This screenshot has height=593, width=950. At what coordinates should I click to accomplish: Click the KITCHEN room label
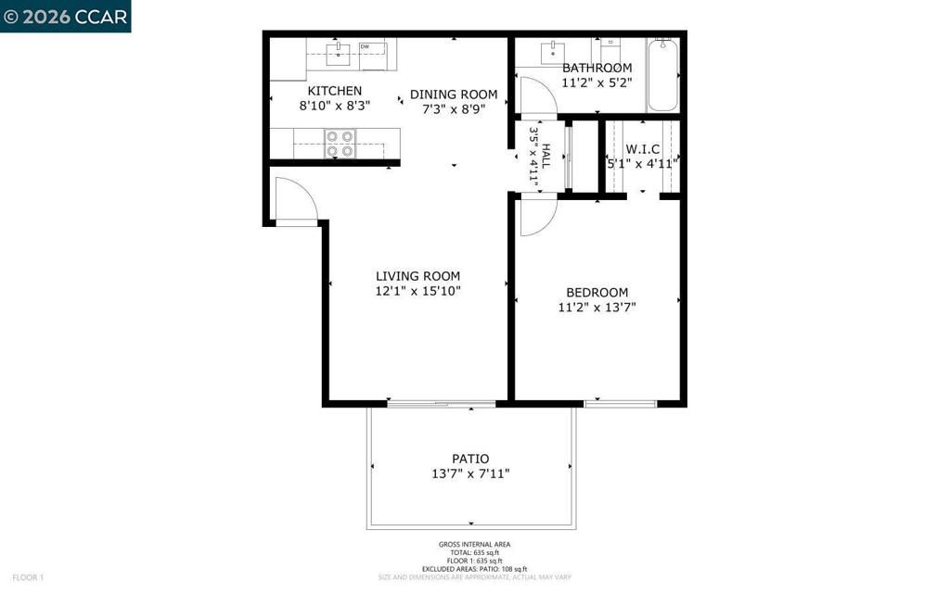coord(335,91)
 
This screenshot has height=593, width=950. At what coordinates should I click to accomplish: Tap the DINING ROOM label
coord(454,95)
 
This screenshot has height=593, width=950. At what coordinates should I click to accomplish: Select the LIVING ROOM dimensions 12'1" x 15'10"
coord(417,291)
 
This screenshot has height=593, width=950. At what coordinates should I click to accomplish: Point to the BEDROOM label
coord(597,292)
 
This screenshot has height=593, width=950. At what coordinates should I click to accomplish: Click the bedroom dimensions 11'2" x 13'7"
coord(597,308)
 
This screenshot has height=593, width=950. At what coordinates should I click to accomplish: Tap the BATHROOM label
coord(597,68)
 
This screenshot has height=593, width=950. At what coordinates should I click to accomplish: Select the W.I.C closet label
coord(642,148)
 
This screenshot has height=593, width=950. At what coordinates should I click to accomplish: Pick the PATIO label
coord(470,459)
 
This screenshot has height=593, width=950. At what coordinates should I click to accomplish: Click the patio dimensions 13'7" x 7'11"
coord(470,473)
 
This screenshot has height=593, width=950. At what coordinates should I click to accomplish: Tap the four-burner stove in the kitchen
coord(340,144)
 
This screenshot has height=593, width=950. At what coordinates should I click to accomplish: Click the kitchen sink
coord(340,51)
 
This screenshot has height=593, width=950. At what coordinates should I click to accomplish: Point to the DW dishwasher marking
coord(365,46)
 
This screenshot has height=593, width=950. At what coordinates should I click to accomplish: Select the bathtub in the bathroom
coord(662,74)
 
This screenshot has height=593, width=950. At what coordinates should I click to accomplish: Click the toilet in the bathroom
coord(610,48)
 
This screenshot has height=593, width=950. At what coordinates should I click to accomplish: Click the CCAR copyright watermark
coord(65,16)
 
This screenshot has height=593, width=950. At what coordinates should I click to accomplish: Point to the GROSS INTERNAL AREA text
coord(474,545)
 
